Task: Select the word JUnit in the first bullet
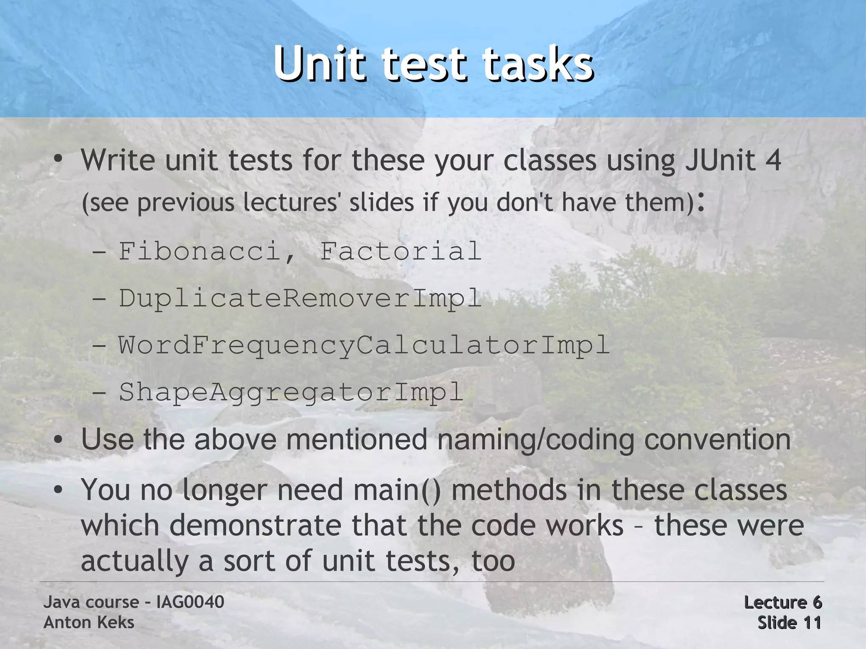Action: pyautogui.click(x=721, y=161)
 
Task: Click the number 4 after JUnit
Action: pyautogui.click(x=773, y=161)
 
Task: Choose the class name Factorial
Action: pyautogui.click(x=401, y=251)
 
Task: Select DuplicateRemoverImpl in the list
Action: pyautogui.click(x=300, y=298)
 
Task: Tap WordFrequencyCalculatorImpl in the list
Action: pyautogui.click(x=364, y=345)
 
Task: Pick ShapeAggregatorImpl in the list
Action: pyautogui.click(x=291, y=392)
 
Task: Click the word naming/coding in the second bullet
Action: pyautogui.click(x=535, y=440)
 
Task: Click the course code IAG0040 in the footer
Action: pyautogui.click(x=190, y=602)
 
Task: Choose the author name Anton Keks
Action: pyautogui.click(x=89, y=622)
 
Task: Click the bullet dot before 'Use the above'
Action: pyautogui.click(x=58, y=440)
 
